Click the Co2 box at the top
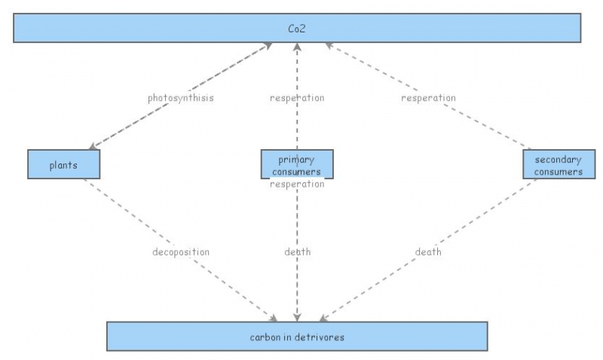click(297, 29)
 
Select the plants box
click(63, 165)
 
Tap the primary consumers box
click(296, 164)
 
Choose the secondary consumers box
click(559, 165)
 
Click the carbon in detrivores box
click(297, 337)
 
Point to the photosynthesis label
click(180, 98)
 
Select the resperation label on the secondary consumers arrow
click(428, 98)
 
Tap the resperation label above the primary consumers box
click(297, 98)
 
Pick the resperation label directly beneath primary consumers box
click(297, 184)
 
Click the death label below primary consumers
click(297, 252)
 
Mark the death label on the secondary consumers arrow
click(428, 252)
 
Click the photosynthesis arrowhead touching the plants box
click(93, 146)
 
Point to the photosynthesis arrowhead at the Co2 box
click(267, 46)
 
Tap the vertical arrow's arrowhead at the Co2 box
click(297, 47)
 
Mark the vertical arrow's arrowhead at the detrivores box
click(297, 318)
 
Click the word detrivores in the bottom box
click(320, 337)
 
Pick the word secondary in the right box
click(559, 160)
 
